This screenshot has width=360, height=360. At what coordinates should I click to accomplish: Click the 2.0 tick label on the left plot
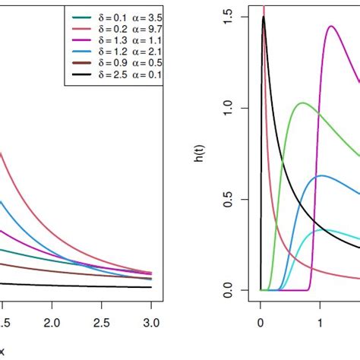[52, 324]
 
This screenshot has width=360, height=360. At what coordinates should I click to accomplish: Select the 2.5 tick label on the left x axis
[102, 324]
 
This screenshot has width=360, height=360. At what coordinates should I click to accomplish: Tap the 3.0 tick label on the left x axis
[151, 324]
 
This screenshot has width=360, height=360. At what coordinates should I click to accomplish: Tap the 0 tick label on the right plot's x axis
[261, 324]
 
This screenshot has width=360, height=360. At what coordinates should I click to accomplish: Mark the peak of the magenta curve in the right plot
[331, 27]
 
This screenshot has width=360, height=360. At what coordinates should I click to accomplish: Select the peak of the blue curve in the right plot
[321, 175]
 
